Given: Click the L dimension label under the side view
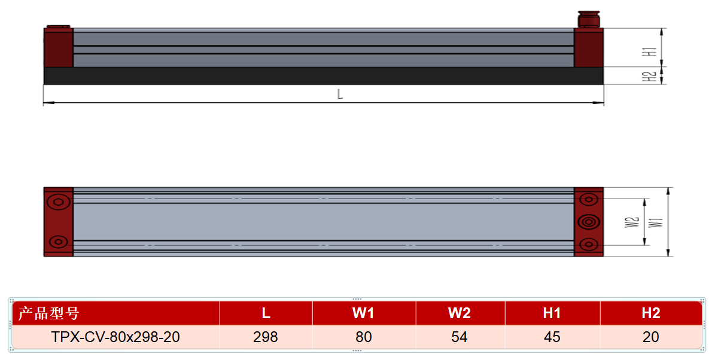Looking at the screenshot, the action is point(340,94).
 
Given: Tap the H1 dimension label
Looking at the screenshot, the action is point(652,52).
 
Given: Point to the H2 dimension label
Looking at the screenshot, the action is point(652,77).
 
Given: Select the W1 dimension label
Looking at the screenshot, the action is point(658,222).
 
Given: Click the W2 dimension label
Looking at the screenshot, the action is point(632,222).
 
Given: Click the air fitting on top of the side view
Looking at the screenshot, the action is point(589,20).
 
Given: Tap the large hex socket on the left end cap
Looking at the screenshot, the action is point(59,202).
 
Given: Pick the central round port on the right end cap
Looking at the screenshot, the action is point(589,222).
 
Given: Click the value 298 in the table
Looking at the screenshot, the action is point(266,337).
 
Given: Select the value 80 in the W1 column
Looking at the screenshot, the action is point(364,337).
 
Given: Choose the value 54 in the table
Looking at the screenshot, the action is point(459,337).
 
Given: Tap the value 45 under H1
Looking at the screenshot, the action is point(552,337).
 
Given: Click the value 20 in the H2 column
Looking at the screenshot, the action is point(651,337).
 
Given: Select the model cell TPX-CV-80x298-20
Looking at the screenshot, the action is point(115,337).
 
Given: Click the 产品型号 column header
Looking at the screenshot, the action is point(48,313).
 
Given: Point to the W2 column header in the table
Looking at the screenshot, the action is point(459,313).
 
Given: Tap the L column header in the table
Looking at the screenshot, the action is point(266,313).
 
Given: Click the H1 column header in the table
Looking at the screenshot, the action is point(552,313).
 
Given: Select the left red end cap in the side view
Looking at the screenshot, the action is point(59,47).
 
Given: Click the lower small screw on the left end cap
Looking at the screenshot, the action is point(59,242).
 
